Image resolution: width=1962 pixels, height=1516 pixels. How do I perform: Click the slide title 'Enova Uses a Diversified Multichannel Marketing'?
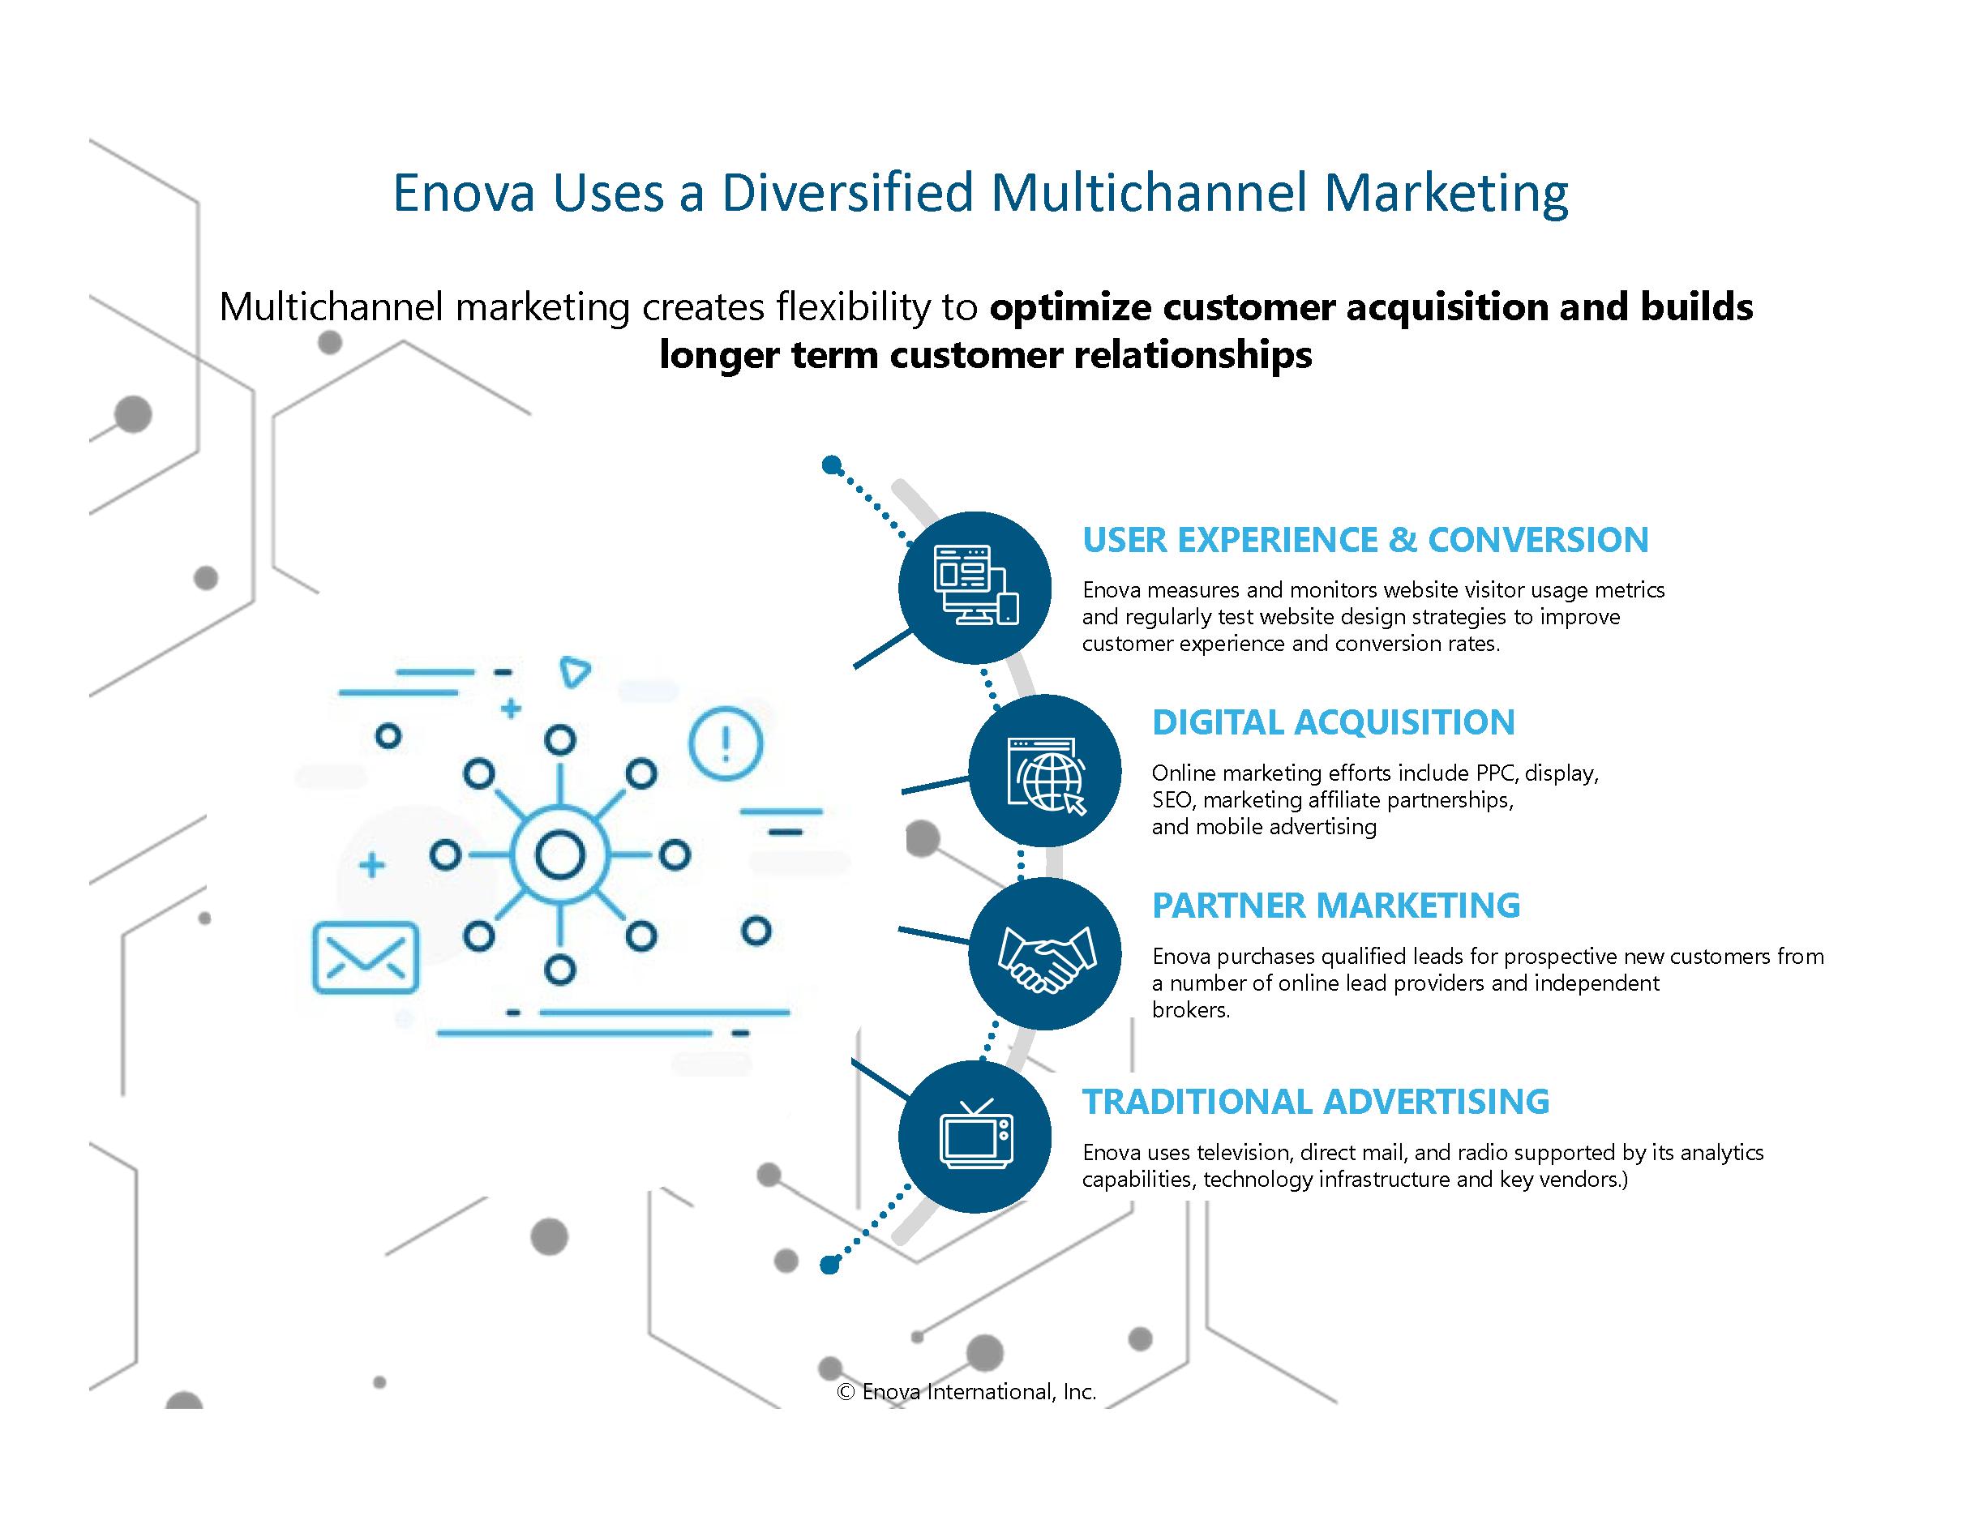pyautogui.click(x=980, y=192)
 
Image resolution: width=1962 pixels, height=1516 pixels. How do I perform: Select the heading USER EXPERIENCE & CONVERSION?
pyautogui.click(x=1365, y=540)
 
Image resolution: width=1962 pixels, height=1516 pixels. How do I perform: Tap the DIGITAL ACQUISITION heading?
pyautogui.click(x=1333, y=722)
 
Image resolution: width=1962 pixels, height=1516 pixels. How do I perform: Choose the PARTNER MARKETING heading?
pyautogui.click(x=1336, y=906)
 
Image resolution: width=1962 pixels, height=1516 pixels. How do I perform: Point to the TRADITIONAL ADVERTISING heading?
pyautogui.click(x=1316, y=1101)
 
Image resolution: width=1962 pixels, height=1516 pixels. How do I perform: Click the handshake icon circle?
pyautogui.click(x=1045, y=954)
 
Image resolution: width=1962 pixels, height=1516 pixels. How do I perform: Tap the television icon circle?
pyautogui.click(x=975, y=1136)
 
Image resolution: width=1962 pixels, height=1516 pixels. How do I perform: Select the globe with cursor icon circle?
pyautogui.click(x=1045, y=771)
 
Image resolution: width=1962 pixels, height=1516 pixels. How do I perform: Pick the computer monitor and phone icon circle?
pyautogui.click(x=975, y=589)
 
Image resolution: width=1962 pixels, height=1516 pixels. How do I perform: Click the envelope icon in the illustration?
pyautogui.click(x=366, y=957)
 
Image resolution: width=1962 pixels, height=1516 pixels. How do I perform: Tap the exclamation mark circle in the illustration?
pyautogui.click(x=726, y=743)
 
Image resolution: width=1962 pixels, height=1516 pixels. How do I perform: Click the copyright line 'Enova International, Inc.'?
pyautogui.click(x=966, y=1391)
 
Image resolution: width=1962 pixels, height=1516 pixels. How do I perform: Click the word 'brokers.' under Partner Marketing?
pyautogui.click(x=1191, y=1009)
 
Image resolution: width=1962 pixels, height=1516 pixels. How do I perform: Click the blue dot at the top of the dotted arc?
pyautogui.click(x=832, y=465)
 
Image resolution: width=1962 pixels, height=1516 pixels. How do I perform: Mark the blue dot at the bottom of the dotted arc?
pyautogui.click(x=830, y=1265)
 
